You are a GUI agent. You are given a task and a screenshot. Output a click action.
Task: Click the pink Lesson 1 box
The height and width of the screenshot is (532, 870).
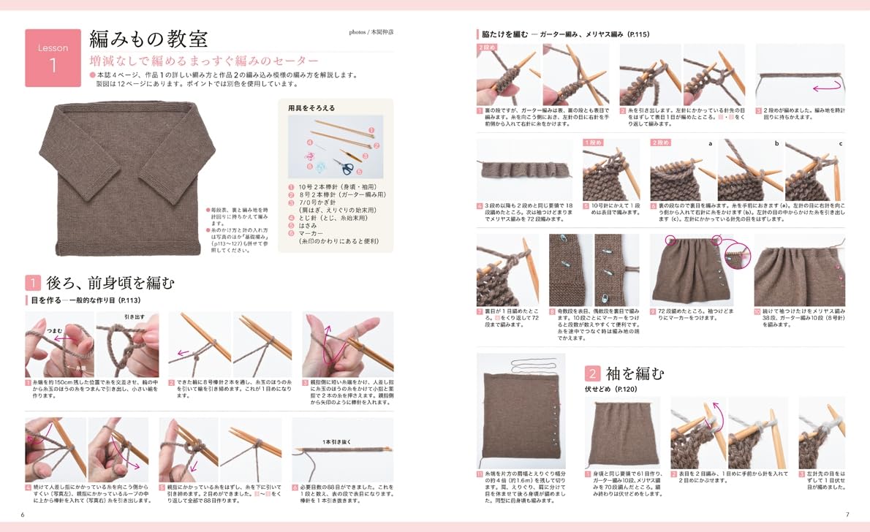53,58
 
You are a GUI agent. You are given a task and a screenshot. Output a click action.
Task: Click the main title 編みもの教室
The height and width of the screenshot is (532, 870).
148,39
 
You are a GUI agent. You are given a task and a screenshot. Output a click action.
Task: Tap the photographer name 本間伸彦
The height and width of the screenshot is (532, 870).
379,32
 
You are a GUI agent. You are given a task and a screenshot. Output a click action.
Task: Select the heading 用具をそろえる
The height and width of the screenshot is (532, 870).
311,107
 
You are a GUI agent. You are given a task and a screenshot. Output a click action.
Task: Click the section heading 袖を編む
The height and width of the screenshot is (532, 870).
635,373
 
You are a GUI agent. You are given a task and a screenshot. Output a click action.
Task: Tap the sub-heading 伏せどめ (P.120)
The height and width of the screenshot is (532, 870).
611,390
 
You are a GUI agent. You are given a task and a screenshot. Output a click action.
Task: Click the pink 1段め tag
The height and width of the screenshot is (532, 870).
594,142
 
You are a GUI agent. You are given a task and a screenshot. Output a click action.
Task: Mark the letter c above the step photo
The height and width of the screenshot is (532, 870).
841,144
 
